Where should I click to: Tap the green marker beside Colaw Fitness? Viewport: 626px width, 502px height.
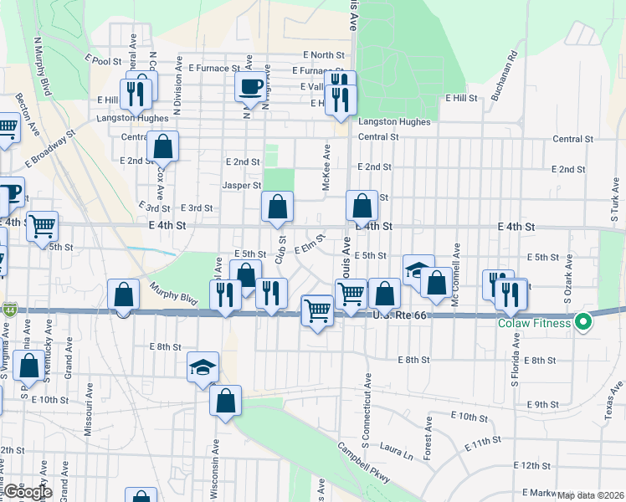coord(584,322)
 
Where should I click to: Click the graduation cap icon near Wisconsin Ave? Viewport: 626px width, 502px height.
coord(203,367)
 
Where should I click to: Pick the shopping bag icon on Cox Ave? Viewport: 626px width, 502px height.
coord(163,146)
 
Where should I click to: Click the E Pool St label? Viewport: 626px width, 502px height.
coord(103,60)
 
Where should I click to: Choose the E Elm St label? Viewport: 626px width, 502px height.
coord(308,246)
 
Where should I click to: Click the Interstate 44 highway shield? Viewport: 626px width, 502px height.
coord(8,309)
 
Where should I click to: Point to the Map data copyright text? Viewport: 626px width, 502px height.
coord(591,495)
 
